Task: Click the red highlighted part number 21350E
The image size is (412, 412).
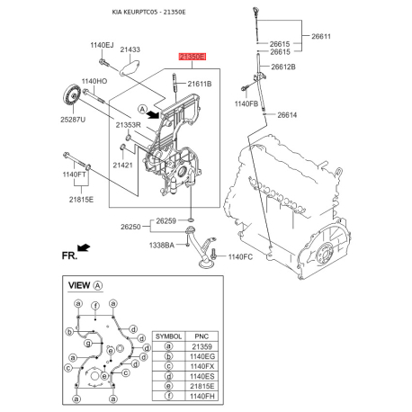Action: click(193, 57)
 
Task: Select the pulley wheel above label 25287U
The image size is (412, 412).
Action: click(67, 97)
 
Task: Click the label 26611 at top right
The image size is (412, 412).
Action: click(322, 36)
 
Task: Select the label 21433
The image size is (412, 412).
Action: click(130, 49)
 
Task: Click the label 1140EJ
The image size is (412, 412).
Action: click(102, 45)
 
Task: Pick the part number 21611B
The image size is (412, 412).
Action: click(199, 84)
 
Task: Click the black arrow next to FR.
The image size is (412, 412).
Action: click(84, 246)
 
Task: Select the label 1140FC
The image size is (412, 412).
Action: click(242, 257)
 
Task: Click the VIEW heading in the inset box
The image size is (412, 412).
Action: click(80, 284)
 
